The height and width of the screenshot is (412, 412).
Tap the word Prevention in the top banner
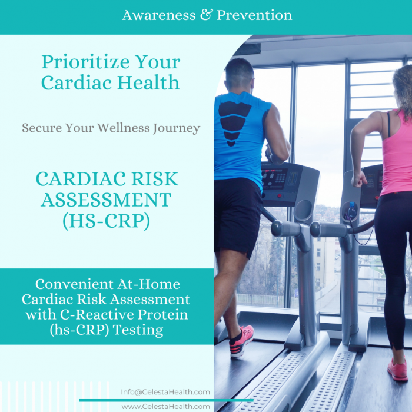point(254,15)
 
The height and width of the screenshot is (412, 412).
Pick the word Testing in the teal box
point(138,330)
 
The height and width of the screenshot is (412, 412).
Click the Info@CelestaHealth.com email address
point(165,392)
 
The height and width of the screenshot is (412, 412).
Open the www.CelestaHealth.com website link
point(165,406)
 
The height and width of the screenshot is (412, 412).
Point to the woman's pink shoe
point(397,369)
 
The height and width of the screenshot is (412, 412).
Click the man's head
point(240,72)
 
